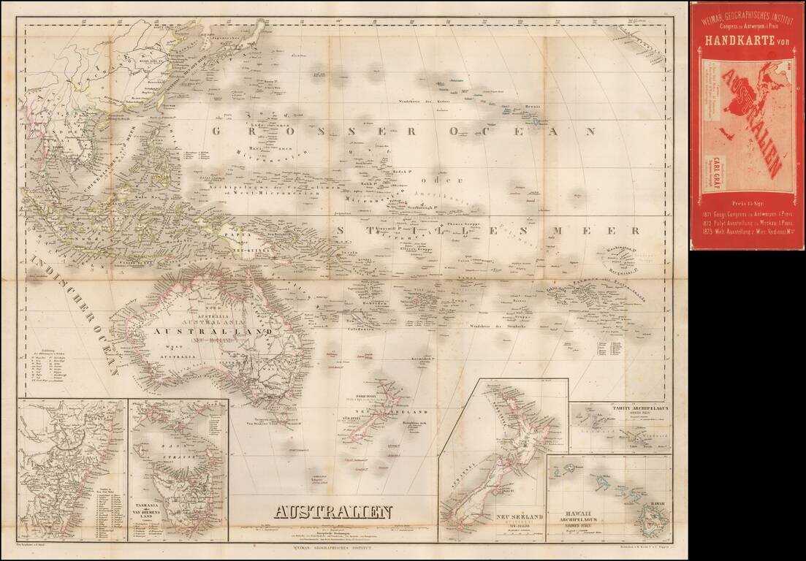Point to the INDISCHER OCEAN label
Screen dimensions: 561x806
[73, 314]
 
